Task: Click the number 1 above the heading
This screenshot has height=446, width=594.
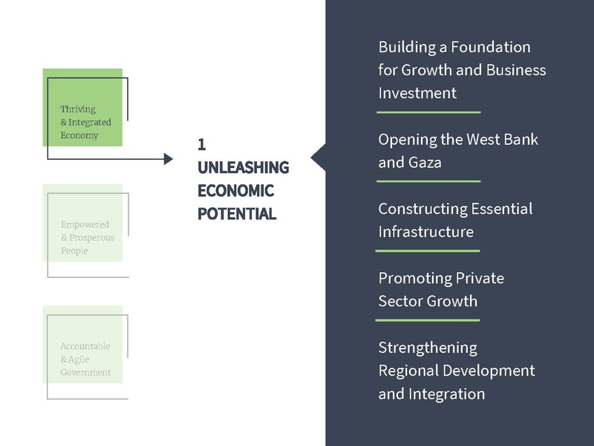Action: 201,144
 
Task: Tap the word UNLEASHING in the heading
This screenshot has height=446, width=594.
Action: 243,167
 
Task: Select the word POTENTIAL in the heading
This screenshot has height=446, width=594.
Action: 237,214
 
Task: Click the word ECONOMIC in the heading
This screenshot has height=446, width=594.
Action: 235,191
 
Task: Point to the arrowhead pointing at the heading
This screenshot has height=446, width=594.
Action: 169,158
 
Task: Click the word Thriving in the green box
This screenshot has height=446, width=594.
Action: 78,109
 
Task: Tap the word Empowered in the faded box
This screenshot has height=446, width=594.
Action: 85,224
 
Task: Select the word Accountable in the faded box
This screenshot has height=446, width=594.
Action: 85,346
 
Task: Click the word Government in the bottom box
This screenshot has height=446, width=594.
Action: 85,372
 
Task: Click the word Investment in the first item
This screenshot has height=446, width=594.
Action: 417,93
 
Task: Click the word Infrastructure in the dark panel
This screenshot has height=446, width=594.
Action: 425,231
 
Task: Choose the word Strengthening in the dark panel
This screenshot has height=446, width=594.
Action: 428,347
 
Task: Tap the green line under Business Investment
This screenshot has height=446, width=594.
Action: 428,112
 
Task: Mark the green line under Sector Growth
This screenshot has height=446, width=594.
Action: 428,320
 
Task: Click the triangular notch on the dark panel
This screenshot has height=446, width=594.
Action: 318,158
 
